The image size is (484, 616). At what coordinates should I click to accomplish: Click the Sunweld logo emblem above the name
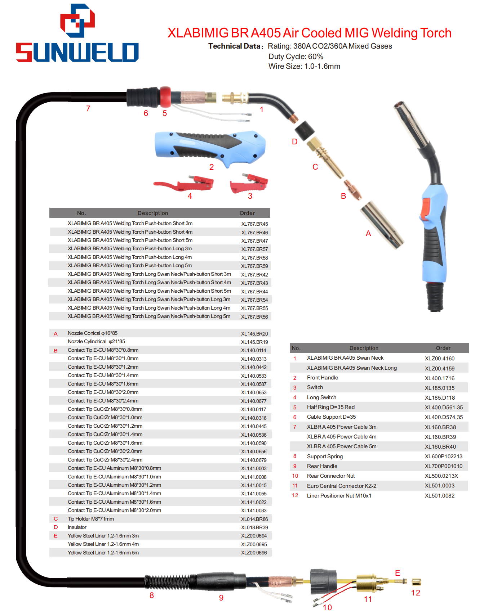(77, 21)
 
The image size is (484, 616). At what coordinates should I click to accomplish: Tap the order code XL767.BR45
(254, 224)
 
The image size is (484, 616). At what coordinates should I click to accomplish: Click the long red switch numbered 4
(184, 184)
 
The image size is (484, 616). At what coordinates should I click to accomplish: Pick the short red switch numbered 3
(249, 184)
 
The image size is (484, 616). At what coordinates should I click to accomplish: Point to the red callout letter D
(294, 142)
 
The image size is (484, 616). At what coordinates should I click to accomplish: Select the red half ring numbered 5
(165, 97)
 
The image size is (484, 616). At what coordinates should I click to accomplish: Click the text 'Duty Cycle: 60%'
(296, 57)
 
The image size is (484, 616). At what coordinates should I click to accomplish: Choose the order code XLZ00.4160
(439, 359)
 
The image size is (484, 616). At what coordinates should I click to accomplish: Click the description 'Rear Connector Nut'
(330, 476)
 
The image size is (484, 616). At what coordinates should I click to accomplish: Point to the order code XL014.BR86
(254, 519)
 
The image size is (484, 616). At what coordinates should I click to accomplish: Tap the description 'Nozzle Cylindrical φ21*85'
(96, 342)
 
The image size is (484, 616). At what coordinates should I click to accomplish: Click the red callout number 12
(416, 593)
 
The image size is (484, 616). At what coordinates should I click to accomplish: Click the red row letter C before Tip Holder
(56, 519)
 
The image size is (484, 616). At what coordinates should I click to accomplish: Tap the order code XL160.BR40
(440, 447)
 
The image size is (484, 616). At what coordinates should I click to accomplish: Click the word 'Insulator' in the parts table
(77, 527)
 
